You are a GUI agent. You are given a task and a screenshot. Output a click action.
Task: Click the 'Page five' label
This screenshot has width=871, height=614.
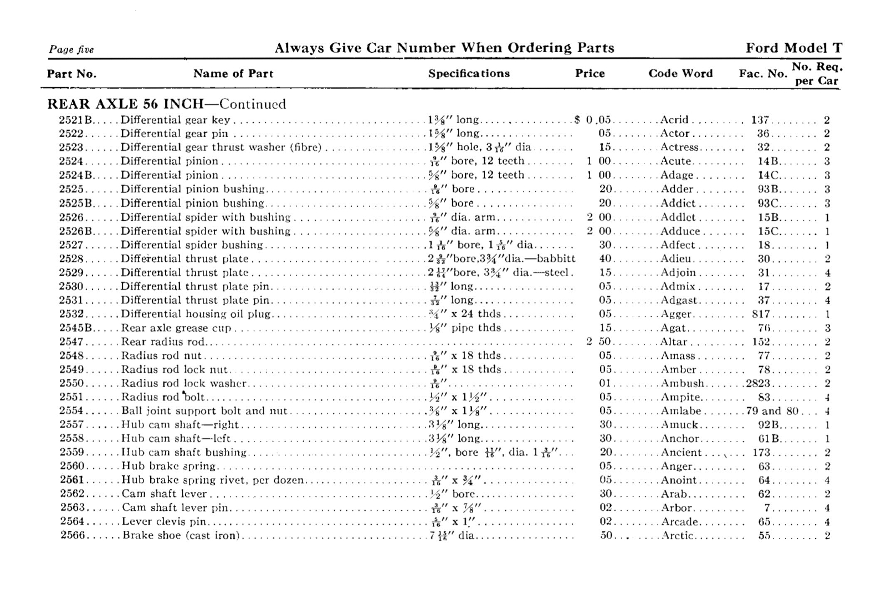71,49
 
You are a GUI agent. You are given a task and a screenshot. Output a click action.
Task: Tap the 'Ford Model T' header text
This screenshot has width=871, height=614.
793,48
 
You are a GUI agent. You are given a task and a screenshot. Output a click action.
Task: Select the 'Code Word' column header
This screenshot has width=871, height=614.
680,73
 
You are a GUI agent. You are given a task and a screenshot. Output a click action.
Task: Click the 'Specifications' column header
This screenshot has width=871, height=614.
469,73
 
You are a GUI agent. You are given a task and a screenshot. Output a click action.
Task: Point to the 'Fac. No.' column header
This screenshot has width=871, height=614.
762,74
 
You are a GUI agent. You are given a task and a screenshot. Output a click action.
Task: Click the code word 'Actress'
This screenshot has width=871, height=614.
680,148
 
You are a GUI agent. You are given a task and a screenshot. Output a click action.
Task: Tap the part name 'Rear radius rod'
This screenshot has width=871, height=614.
163,342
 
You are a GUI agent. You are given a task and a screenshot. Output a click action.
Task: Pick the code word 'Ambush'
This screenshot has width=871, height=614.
683,383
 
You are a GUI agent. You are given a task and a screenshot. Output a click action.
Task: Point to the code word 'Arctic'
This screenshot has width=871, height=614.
678,536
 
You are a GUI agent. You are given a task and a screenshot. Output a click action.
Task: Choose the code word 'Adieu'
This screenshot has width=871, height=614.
677,258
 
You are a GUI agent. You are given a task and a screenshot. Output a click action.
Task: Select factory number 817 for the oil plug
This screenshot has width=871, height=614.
761,314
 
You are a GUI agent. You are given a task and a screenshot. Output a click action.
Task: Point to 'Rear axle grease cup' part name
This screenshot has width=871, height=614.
176,328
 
